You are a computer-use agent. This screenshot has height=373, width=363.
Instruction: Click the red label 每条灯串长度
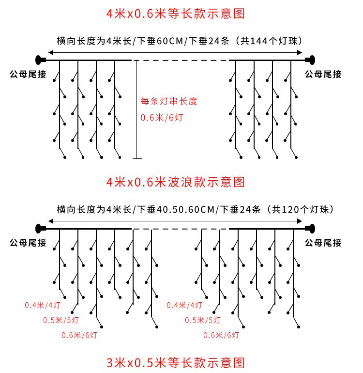[169, 101]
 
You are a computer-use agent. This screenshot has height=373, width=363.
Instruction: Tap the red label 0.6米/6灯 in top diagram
[162, 117]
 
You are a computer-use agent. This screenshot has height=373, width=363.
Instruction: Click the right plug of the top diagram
[310, 60]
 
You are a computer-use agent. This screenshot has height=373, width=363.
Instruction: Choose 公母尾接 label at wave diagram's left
[28, 243]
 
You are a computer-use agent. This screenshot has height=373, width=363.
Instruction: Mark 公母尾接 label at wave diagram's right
[323, 243]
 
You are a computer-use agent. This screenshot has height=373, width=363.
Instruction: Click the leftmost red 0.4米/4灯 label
[43, 305]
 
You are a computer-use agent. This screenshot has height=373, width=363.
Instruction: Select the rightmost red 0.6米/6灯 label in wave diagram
[221, 335]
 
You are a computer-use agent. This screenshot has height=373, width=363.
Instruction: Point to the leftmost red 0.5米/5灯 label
[61, 320]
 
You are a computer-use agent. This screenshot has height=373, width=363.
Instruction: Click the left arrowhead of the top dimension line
[50, 51]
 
